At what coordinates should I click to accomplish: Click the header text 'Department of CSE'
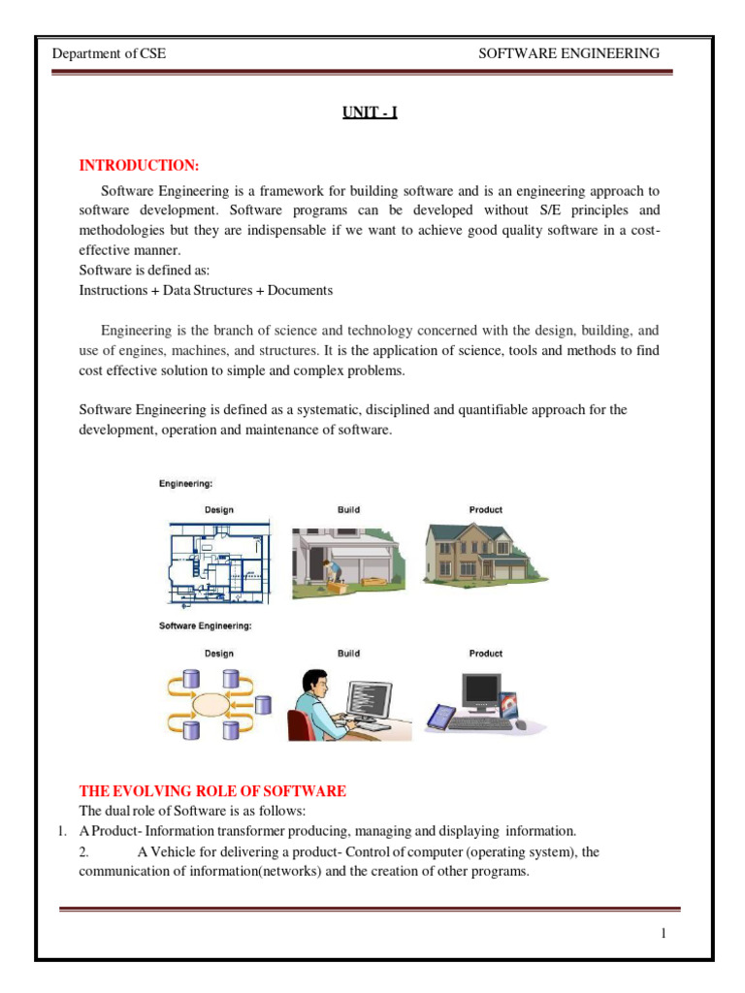(x=109, y=53)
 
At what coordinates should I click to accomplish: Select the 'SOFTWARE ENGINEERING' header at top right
(x=569, y=53)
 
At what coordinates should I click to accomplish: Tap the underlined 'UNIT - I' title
(x=370, y=113)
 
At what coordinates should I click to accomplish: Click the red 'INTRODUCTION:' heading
(x=139, y=166)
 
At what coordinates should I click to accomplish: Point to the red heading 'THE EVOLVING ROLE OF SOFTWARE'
(x=211, y=791)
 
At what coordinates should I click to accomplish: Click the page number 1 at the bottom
(x=664, y=933)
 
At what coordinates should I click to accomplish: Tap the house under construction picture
(x=348, y=558)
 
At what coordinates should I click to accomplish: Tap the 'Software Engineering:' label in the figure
(x=205, y=626)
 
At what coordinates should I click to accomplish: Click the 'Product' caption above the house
(x=485, y=509)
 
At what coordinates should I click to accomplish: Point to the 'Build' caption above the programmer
(x=348, y=654)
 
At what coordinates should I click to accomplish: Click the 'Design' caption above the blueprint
(x=218, y=509)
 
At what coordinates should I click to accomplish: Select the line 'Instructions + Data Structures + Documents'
(x=206, y=290)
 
